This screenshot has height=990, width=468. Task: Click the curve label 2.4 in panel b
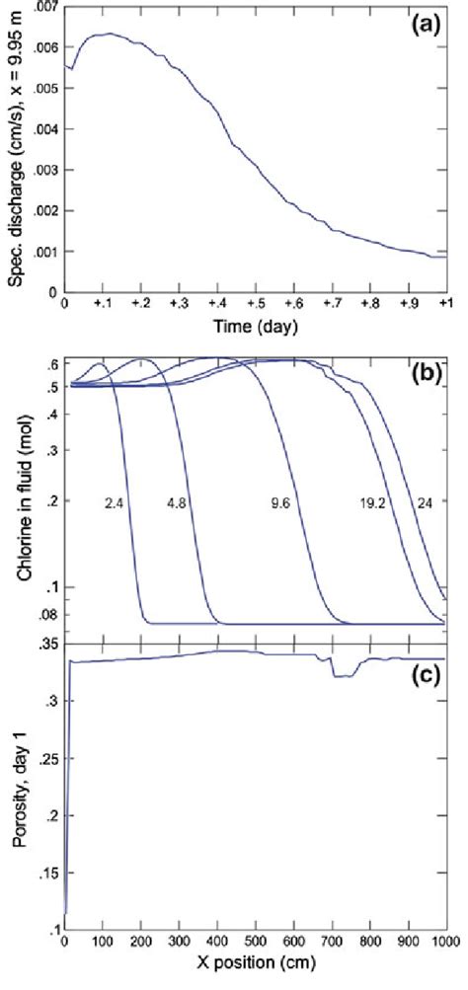tap(113, 502)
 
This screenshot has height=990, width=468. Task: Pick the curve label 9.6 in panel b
tap(279, 502)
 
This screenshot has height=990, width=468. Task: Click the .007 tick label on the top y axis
tap(42, 7)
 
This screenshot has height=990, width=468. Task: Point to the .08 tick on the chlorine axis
tap(45, 615)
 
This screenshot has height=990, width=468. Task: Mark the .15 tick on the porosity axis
tap(45, 874)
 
